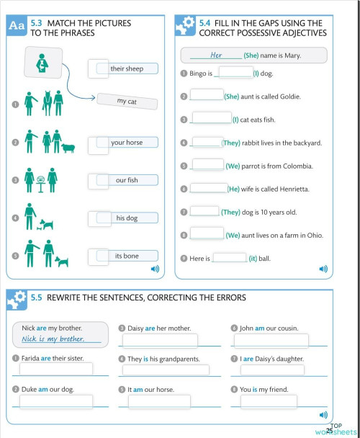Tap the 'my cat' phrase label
click(127, 102)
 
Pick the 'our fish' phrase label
click(127, 180)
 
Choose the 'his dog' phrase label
click(127, 218)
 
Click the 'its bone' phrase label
click(127, 256)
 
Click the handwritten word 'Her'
click(216, 55)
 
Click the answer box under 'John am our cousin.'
click(271, 341)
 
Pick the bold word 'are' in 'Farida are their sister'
click(45, 358)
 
